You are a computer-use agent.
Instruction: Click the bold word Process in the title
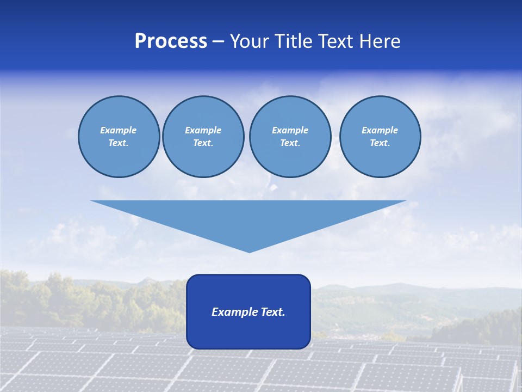click(171, 41)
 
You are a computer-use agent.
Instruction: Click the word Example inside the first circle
click(119, 130)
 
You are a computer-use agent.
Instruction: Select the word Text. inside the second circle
click(203, 143)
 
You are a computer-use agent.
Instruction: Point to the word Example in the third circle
click(290, 130)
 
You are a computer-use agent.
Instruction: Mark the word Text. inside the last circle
click(380, 143)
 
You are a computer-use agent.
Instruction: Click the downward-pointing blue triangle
click(248, 218)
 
